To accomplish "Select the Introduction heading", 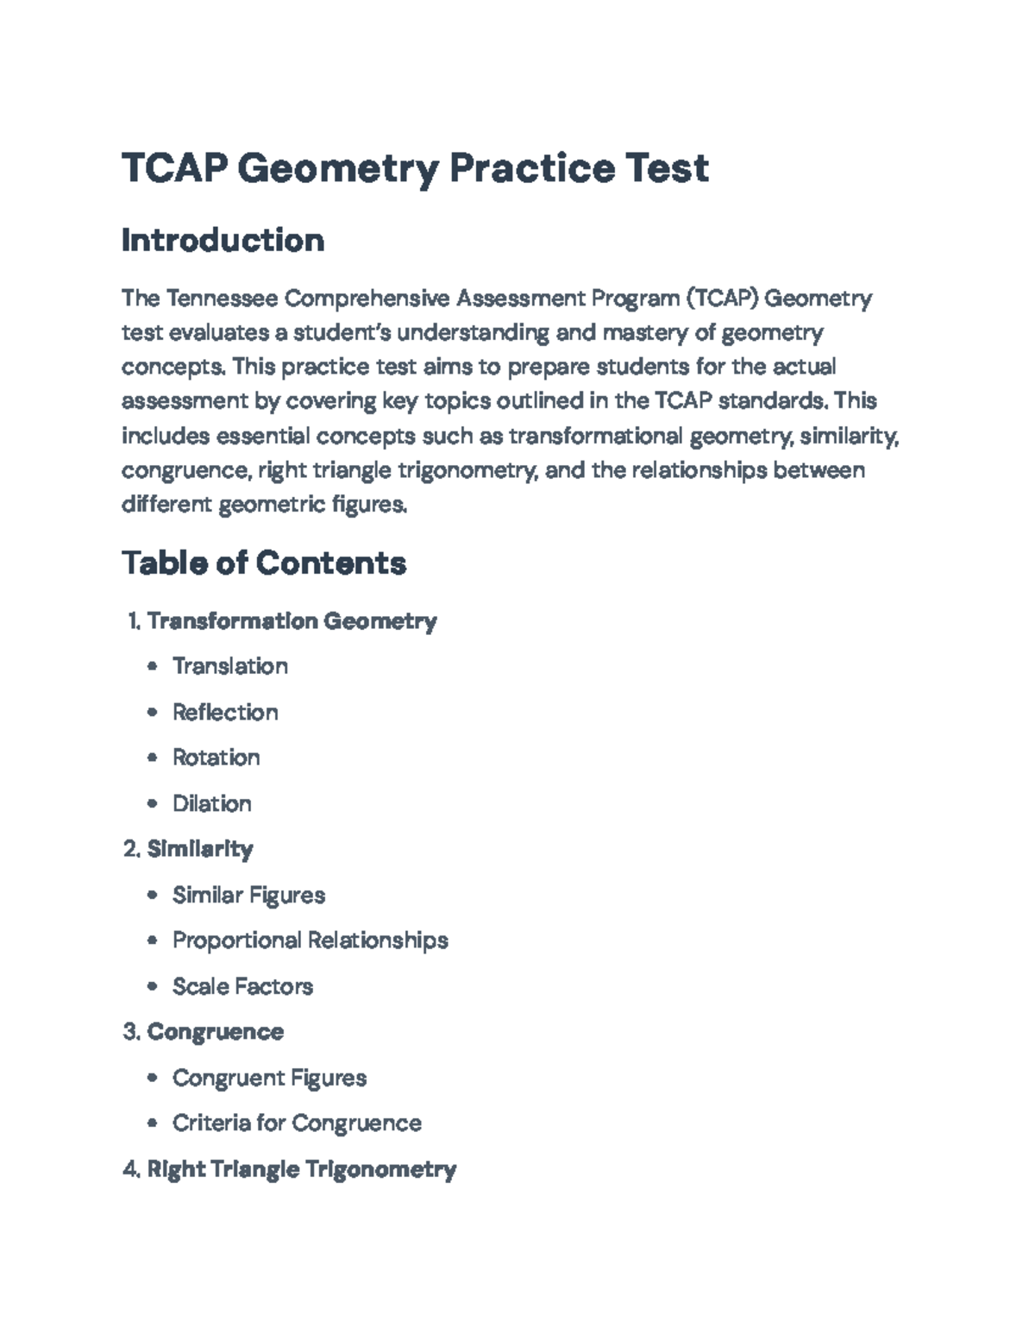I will click(x=223, y=240).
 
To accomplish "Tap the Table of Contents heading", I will click(x=263, y=563).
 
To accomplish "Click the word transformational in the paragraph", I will click(x=596, y=436).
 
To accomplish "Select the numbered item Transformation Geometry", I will click(x=292, y=621).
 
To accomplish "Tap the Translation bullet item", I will click(x=229, y=667).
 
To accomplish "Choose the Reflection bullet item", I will click(x=225, y=713).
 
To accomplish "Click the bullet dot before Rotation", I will click(x=153, y=758).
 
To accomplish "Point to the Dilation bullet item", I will click(x=211, y=804).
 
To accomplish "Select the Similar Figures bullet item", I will click(x=248, y=896).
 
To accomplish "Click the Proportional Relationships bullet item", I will click(x=310, y=941).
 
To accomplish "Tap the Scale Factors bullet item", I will click(x=242, y=987).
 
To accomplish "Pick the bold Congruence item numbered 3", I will click(x=215, y=1033).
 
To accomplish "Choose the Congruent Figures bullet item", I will click(x=269, y=1079).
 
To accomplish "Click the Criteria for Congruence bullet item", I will click(x=297, y=1123).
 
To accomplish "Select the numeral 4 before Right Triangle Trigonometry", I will click(x=129, y=1170).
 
